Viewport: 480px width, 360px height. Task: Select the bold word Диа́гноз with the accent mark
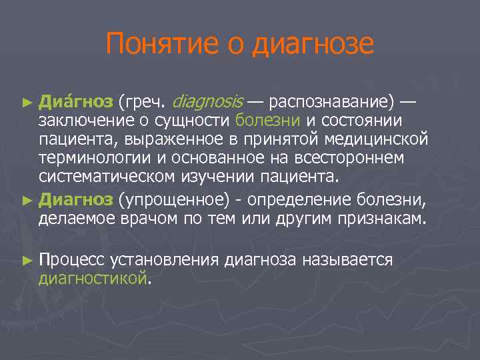coord(75,103)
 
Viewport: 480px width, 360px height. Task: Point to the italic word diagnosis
coord(208,103)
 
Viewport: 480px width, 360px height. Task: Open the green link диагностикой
coord(92,279)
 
